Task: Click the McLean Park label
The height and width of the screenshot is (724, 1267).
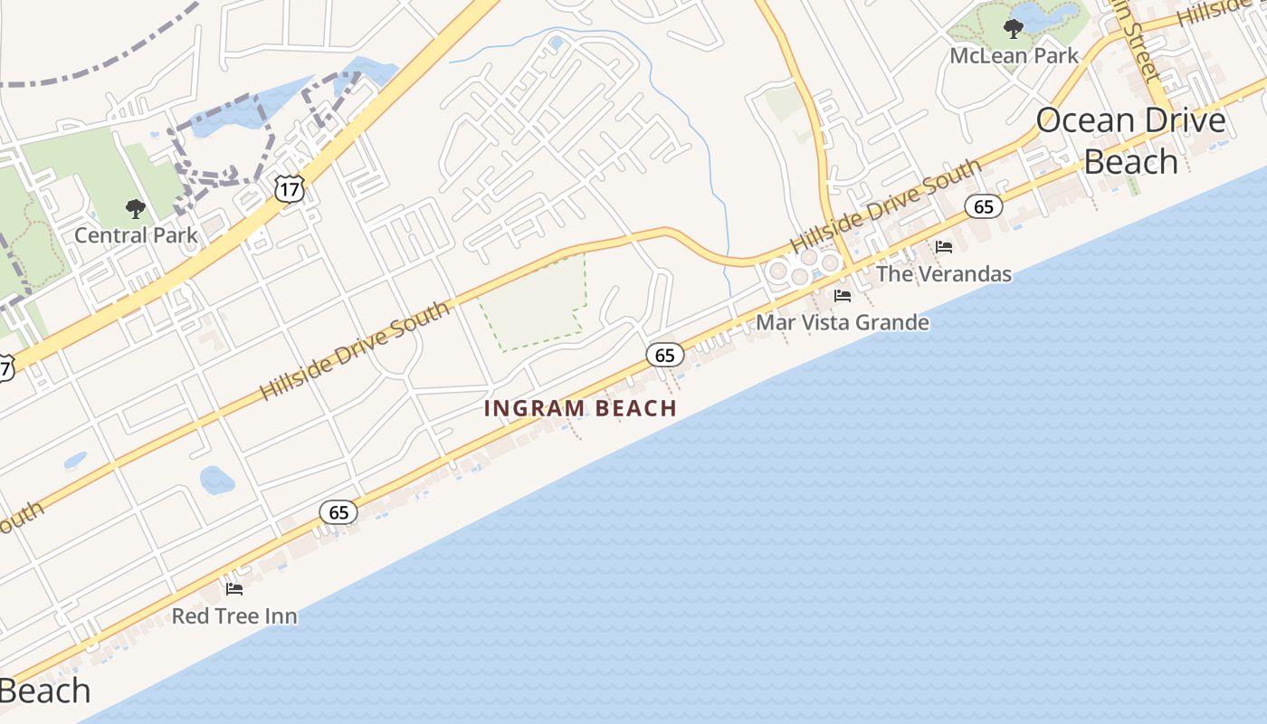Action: tap(1014, 55)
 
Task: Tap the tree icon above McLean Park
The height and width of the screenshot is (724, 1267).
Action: tap(1014, 29)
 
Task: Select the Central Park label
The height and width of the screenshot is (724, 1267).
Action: tap(136, 235)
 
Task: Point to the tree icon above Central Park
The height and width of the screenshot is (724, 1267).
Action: tap(136, 210)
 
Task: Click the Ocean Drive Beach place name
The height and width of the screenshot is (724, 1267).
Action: tap(1130, 140)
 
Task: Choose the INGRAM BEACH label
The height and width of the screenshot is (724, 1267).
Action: tap(580, 408)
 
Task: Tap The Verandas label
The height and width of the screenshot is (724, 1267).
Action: tap(944, 273)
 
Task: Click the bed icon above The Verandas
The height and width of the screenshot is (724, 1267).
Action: tap(944, 247)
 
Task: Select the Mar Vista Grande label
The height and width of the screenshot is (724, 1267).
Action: tap(842, 322)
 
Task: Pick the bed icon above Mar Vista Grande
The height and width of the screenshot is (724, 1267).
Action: tap(843, 296)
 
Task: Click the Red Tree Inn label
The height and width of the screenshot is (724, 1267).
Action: tap(234, 616)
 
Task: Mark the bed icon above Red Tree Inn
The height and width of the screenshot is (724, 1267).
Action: tap(234, 589)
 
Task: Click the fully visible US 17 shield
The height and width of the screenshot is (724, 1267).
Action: tap(290, 189)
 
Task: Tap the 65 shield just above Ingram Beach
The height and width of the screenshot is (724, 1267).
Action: tap(665, 355)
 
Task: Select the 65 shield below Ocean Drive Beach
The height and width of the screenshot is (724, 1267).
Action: tap(984, 206)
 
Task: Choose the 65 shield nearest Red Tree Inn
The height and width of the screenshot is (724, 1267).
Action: tap(338, 513)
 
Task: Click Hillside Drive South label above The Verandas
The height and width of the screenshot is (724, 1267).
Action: tap(885, 206)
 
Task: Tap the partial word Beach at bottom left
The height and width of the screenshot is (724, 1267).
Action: tap(45, 691)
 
